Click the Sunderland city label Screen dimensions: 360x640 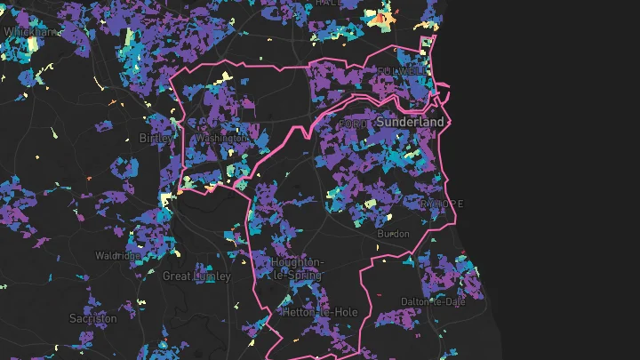pyautogui.click(x=410, y=121)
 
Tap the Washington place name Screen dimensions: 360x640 pyautogui.click(x=221, y=139)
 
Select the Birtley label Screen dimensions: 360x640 pyautogui.click(x=156, y=138)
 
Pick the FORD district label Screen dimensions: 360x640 pyautogui.click(x=353, y=124)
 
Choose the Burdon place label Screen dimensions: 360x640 pyautogui.click(x=394, y=234)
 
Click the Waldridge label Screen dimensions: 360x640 pyautogui.click(x=117, y=256)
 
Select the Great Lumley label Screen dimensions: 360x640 pyautogui.click(x=196, y=276)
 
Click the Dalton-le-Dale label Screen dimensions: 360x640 pyautogui.click(x=433, y=301)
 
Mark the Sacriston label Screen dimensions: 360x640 pyautogui.click(x=92, y=318)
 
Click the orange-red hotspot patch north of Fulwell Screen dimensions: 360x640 pyautogui.click(x=380, y=18)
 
